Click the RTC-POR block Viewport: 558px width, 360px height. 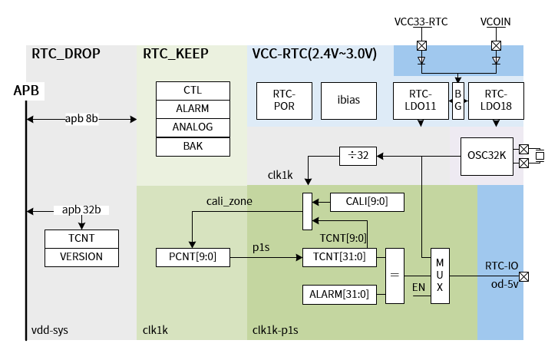[x=284, y=100]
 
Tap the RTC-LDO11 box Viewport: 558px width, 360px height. [x=419, y=100]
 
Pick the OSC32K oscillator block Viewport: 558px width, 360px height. [x=487, y=156]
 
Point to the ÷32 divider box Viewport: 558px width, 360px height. [x=358, y=156]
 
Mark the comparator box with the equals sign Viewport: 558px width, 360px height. [x=395, y=276]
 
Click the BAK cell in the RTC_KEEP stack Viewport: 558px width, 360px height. [x=193, y=145]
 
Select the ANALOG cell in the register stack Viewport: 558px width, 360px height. [x=193, y=127]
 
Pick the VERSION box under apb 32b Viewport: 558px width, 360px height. [x=81, y=256]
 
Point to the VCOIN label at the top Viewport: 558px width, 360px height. [x=496, y=22]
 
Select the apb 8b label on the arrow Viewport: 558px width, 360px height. [x=81, y=119]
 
